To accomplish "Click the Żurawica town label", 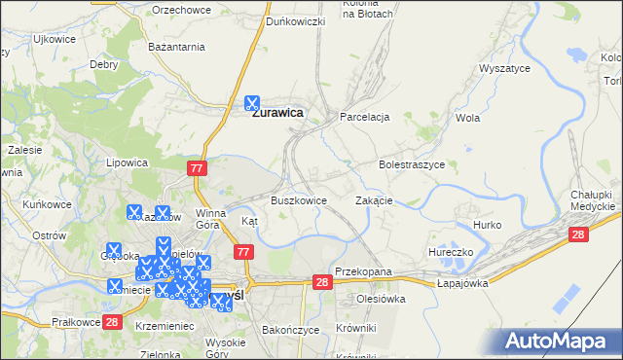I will (x=277, y=113).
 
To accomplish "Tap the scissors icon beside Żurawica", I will (x=252, y=102).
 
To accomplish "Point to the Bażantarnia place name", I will (x=176, y=46).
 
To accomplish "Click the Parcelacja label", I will (x=364, y=117).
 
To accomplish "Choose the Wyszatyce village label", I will (x=503, y=69).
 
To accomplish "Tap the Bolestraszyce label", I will (x=412, y=165).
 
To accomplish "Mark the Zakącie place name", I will (x=374, y=200).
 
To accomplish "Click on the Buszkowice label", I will (x=298, y=200).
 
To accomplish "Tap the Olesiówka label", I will (x=381, y=300).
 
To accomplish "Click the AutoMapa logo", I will (x=560, y=342).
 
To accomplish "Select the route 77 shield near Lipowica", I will (x=198, y=169).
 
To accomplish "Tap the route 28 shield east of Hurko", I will (x=579, y=234).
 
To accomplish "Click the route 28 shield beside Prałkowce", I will (x=112, y=322).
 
